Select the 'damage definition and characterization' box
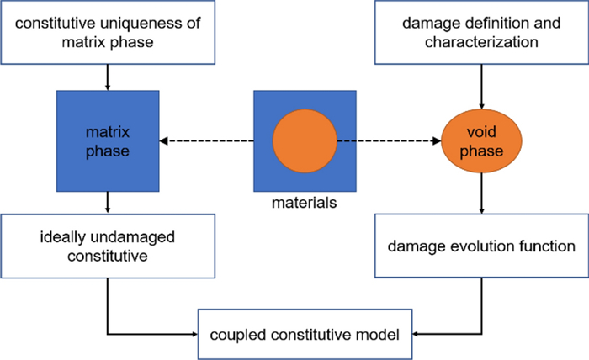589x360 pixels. [x=480, y=33]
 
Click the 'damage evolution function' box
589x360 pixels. [x=480, y=246]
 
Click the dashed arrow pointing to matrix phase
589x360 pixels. [x=206, y=140]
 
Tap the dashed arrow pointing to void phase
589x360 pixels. [x=391, y=140]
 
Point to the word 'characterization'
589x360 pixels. [x=480, y=42]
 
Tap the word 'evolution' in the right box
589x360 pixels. [x=481, y=246]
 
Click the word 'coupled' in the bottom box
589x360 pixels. [x=235, y=335]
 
